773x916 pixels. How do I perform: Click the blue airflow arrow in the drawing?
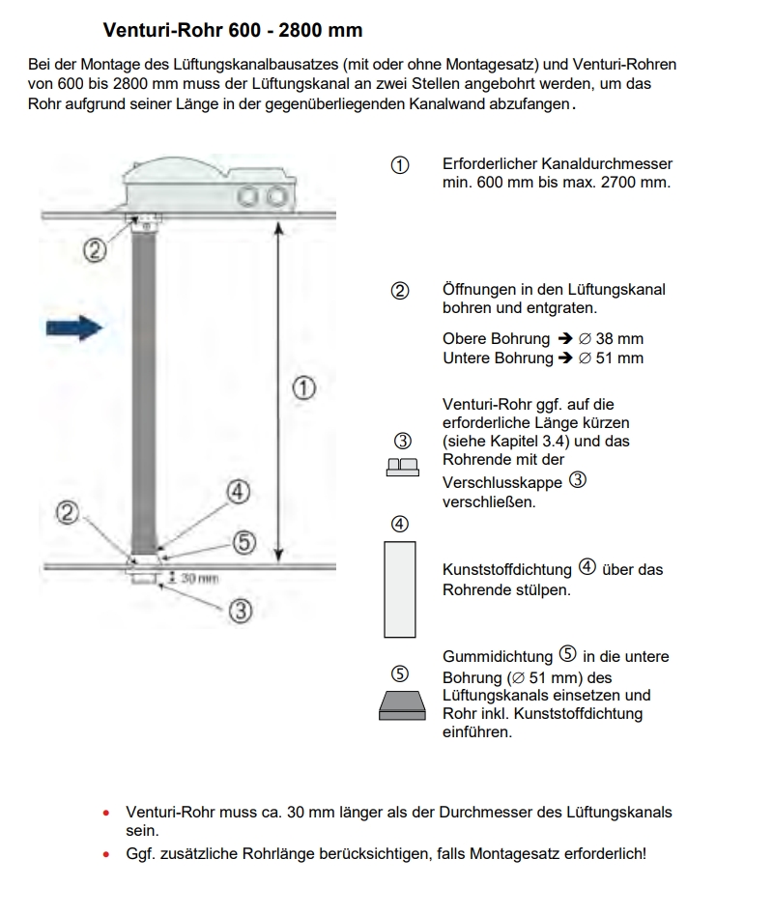coord(74,329)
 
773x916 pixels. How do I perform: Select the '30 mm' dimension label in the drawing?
coord(199,578)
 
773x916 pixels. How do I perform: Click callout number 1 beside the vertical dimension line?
coord(303,388)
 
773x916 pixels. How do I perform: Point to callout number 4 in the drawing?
coord(238,493)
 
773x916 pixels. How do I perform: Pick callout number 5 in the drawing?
coord(244,542)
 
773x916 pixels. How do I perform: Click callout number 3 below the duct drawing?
coord(241,611)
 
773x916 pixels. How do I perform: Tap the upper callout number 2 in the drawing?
coord(94,251)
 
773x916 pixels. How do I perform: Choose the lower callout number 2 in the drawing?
coord(67,513)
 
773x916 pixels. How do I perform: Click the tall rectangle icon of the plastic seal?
coord(400,589)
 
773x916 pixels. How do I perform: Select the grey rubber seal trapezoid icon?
coord(400,705)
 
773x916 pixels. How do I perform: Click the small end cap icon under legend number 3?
coord(400,467)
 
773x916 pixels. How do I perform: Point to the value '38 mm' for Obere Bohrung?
coord(619,339)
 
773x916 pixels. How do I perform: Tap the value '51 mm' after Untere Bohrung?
coord(619,358)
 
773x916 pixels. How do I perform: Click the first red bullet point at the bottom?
coord(106,814)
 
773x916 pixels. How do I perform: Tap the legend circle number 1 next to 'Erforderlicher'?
coord(399,165)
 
